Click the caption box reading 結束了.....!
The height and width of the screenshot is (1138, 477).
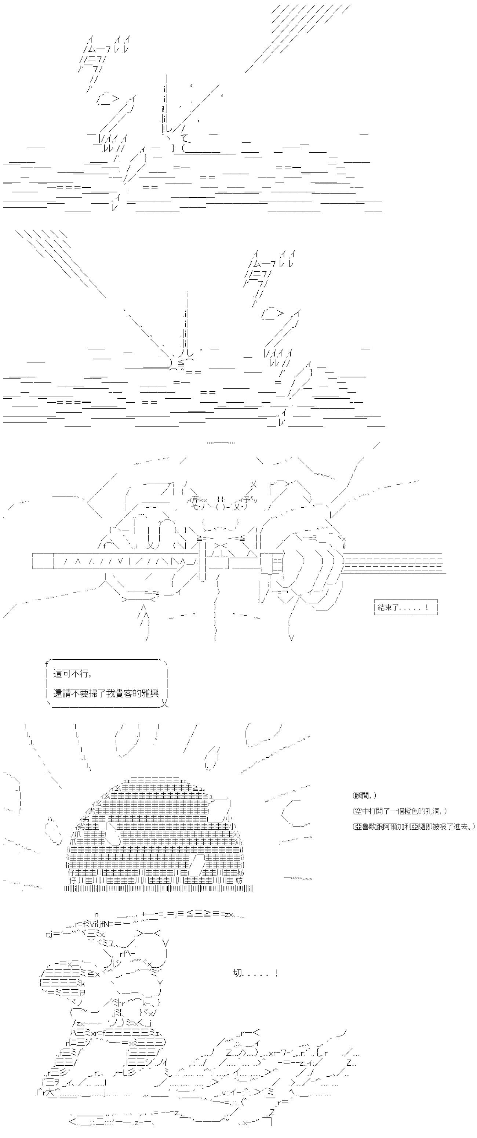405,608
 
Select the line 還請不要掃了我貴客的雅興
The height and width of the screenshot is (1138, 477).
106,693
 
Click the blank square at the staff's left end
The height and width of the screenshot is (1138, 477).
43,561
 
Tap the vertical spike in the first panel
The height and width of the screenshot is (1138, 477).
165,102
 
